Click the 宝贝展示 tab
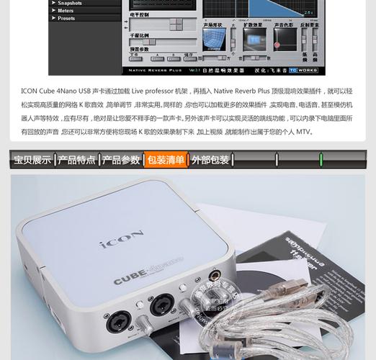[32, 160]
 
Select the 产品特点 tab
[77, 160]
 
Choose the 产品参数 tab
[121, 160]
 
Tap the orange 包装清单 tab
[166, 160]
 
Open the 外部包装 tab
[210, 160]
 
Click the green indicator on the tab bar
[321, 159]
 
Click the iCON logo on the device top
[122, 240]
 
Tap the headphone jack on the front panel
[214, 276]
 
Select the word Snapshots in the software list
[70, 4]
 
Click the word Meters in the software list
[66, 11]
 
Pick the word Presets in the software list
[66, 19]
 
